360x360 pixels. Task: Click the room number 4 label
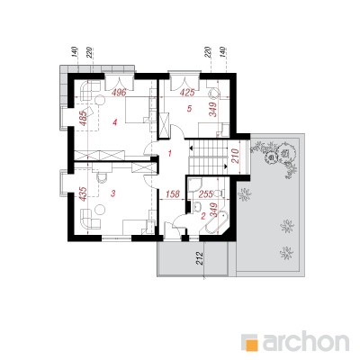point(114,121)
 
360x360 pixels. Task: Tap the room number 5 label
point(189,109)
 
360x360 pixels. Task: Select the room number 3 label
point(112,193)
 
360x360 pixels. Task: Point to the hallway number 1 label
point(170,154)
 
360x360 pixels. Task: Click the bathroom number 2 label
point(203,215)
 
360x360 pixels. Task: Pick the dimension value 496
point(119,93)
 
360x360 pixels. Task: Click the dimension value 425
point(187,93)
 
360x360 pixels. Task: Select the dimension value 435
point(83,193)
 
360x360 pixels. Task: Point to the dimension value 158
point(172,194)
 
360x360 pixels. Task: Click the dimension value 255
point(206,194)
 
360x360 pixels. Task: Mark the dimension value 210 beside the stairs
point(235,156)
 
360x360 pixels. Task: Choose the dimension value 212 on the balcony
point(200,258)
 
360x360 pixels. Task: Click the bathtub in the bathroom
point(217,221)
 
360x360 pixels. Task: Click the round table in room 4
point(100,99)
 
